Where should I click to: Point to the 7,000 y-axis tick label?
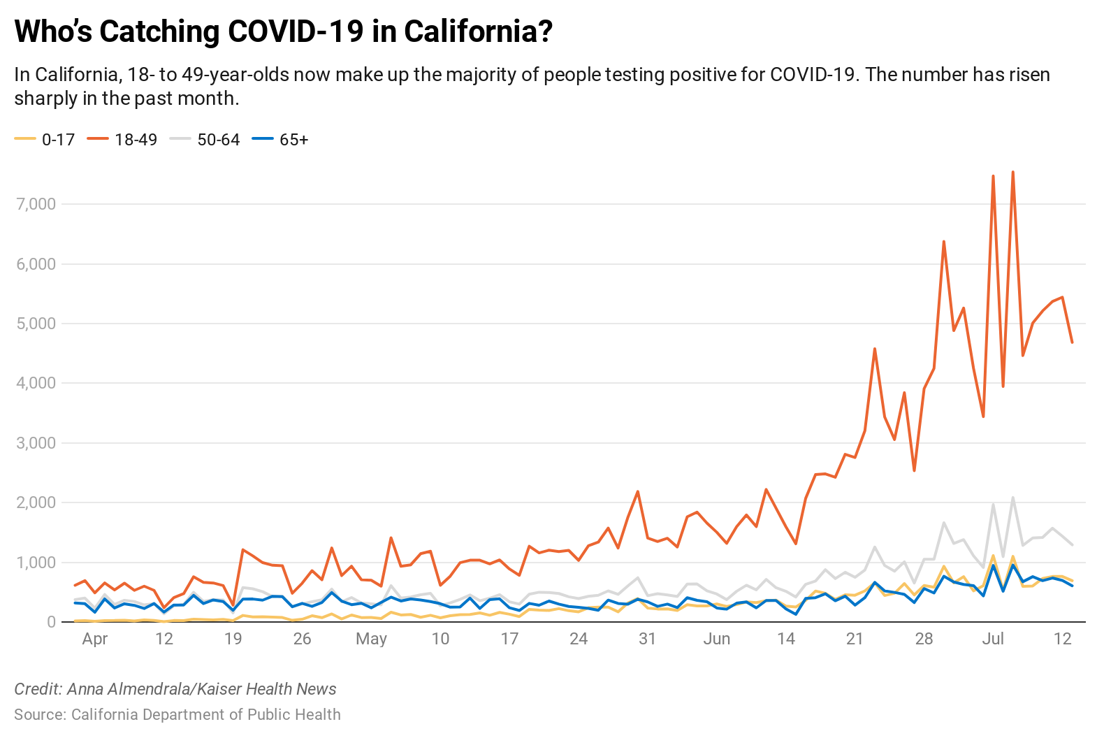pos(36,204)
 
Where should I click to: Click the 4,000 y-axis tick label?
pos(36,383)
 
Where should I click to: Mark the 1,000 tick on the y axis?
pos(36,563)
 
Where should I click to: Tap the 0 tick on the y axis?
pos(51,622)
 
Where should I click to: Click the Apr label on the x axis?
pos(95,639)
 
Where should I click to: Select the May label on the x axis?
pos(371,639)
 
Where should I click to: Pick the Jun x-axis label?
pos(717,639)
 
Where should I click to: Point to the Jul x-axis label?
pos(993,639)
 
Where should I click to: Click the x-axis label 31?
pos(648,639)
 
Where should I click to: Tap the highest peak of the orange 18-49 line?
pos(1012,172)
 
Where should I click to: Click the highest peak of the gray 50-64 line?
pos(1012,498)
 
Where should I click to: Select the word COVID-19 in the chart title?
pos(296,31)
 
